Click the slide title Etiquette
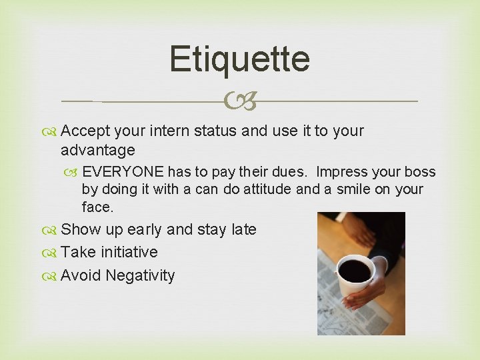[x=239, y=59]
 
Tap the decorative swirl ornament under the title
[x=240, y=102]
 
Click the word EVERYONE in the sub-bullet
[x=123, y=172]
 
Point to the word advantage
[x=97, y=150]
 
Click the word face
[x=97, y=207]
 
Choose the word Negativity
[x=140, y=275]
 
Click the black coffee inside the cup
[x=355, y=270]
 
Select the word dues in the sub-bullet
[x=291, y=172]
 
